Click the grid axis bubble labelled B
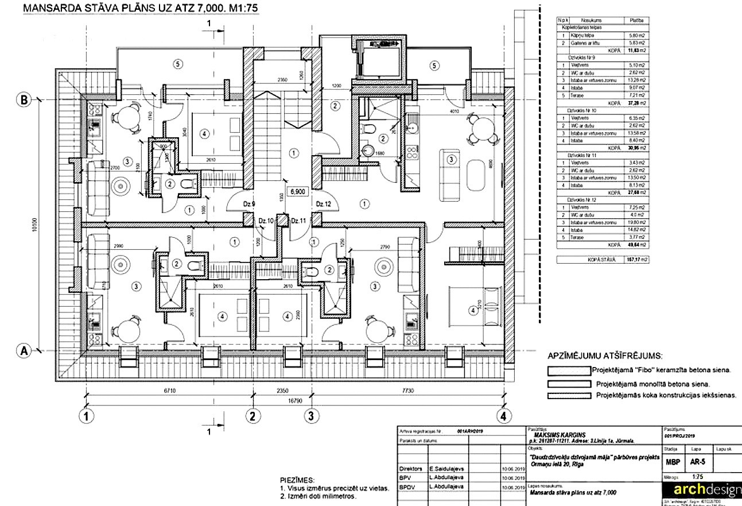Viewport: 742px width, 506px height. (24, 99)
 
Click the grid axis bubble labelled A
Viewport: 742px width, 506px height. (24, 350)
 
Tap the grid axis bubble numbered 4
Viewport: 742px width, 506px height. (503, 415)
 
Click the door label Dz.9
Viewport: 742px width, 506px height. (248, 203)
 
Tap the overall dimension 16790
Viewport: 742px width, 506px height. (294, 402)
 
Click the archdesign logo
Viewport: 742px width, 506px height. (701, 489)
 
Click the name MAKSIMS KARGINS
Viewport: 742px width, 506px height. (557, 435)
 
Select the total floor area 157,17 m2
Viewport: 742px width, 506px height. (637, 260)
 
